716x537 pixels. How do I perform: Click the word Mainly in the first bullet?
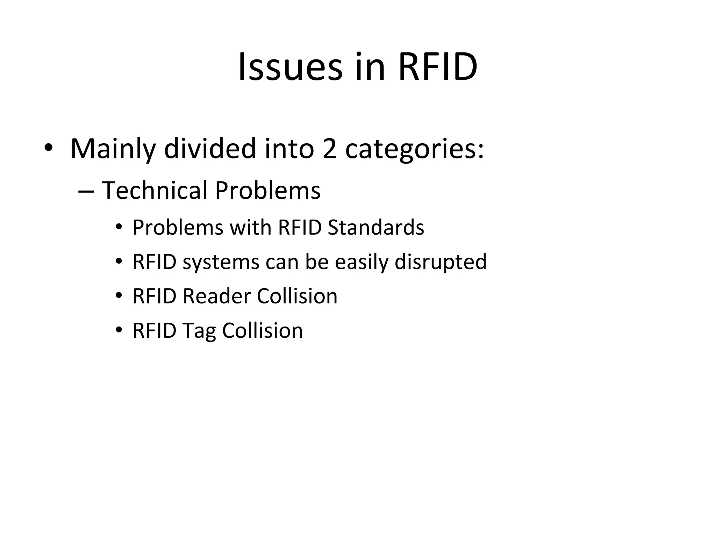113,149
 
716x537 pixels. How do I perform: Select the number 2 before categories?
329,149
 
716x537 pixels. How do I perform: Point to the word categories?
414,149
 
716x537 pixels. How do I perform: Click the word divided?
210,149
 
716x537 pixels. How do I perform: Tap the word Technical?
155,191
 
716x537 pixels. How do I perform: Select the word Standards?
376,228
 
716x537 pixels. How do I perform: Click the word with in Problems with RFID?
250,228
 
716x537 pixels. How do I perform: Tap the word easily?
361,262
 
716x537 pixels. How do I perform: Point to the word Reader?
217,296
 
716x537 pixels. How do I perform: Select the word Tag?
199,331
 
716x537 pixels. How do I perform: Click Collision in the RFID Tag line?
262,330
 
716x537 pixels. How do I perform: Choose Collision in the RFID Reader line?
297,296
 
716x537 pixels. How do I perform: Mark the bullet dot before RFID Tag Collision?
119,330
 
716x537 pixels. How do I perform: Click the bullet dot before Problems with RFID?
119,227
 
